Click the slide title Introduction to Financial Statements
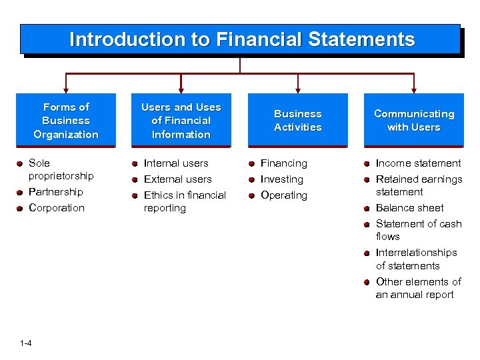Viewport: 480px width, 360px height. pyautogui.click(x=241, y=39)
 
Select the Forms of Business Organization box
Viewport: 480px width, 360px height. pyautogui.click(x=65, y=121)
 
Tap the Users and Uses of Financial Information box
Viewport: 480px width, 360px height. pyautogui.click(x=181, y=121)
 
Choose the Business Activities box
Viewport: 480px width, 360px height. pyautogui.click(x=297, y=121)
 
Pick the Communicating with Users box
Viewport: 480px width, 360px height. pyautogui.click(x=413, y=121)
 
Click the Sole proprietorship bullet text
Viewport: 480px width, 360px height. pyautogui.click(x=61, y=169)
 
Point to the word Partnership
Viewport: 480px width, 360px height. pyautogui.click(x=55, y=192)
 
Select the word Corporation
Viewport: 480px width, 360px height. pyautogui.click(x=57, y=208)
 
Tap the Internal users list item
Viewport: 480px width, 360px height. pyautogui.click(x=176, y=163)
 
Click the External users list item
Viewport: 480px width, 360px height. pyautogui.click(x=177, y=179)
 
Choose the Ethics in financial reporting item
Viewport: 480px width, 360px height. pyautogui.click(x=185, y=201)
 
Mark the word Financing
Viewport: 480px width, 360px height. pyautogui.click(x=284, y=163)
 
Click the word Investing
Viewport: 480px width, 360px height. pyautogui.click(x=281, y=179)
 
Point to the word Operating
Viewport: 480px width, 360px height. pyautogui.click(x=284, y=195)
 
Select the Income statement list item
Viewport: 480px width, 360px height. pyautogui.click(x=418, y=163)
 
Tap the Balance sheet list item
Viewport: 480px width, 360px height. pyautogui.click(x=409, y=208)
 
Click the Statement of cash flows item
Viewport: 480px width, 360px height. pyautogui.click(x=418, y=230)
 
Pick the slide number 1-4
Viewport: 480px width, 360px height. pyautogui.click(x=26, y=343)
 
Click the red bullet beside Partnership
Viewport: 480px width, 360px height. pyautogui.click(x=21, y=193)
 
